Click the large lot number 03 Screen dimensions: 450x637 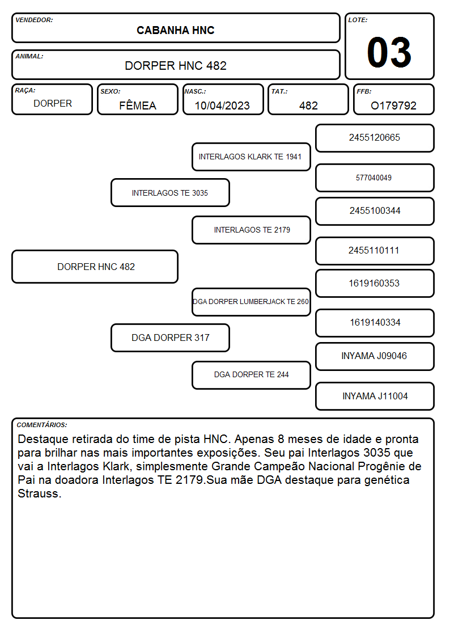tap(389, 52)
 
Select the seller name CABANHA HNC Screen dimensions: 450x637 tap(175, 30)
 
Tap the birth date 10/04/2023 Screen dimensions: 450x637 tap(222, 106)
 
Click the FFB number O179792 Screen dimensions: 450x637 tap(393, 106)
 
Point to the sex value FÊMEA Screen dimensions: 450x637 tap(138, 105)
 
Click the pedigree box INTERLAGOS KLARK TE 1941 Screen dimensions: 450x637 tap(251, 157)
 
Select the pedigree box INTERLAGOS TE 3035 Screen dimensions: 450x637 tap(170, 193)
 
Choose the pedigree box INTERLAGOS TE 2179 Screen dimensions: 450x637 tap(251, 230)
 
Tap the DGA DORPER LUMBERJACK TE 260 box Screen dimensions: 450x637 tap(251, 302)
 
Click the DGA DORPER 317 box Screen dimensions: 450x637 tap(170, 338)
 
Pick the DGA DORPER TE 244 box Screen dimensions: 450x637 tap(251, 375)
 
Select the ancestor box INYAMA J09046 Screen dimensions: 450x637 tap(375, 356)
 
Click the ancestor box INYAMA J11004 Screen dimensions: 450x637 tap(375, 396)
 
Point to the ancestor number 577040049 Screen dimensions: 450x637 tap(373, 178)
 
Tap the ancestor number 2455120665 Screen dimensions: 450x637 tap(374, 138)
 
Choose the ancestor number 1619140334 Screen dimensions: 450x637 tap(375, 323)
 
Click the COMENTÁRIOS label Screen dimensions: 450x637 tap(42, 425)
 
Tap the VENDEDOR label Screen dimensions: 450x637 tap(34, 20)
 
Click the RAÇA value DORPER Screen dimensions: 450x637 tap(53, 104)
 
